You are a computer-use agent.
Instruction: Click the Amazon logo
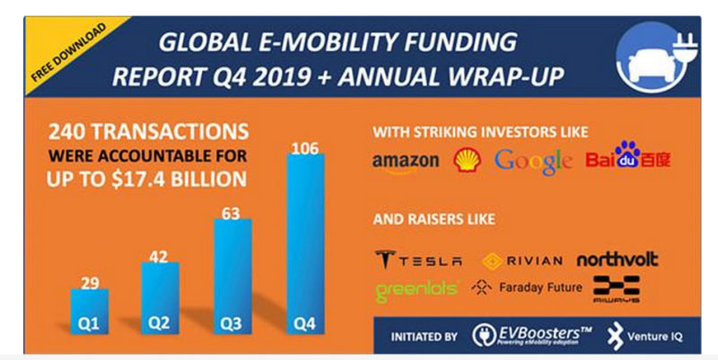click(x=406, y=162)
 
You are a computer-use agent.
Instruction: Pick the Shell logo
click(x=467, y=160)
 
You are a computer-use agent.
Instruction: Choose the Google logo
click(x=533, y=162)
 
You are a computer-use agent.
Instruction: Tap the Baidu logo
click(x=627, y=161)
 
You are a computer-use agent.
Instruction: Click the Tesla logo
click(x=418, y=260)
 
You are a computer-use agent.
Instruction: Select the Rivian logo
click(x=522, y=260)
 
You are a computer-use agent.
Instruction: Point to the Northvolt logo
click(x=617, y=259)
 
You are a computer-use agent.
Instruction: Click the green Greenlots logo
click(x=418, y=289)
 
